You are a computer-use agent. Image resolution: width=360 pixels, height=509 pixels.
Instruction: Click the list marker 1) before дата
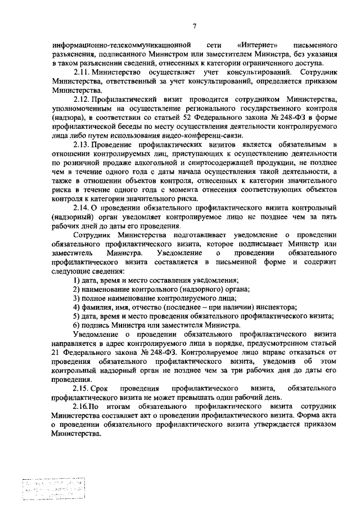(77, 281)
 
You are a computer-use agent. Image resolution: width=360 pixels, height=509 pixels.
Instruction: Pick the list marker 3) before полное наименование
(77, 298)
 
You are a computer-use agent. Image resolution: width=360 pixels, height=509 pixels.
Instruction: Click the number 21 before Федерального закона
(56, 354)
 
